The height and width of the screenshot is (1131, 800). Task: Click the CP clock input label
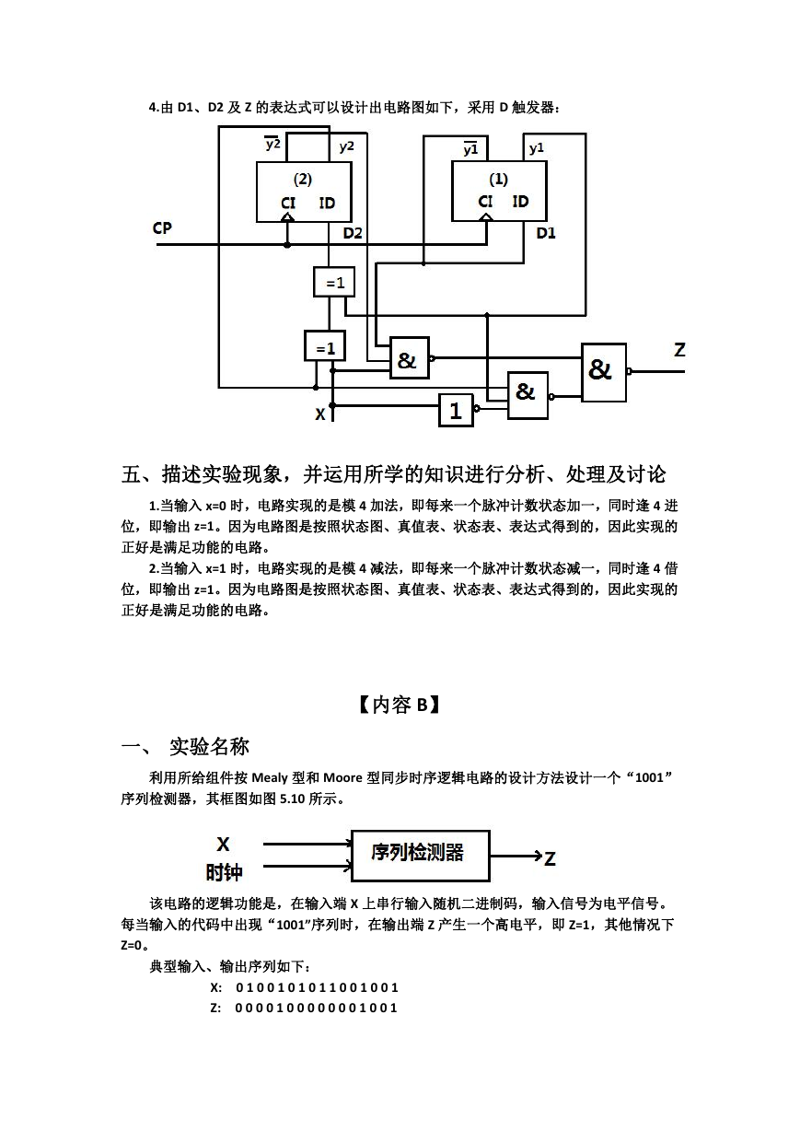[x=162, y=228]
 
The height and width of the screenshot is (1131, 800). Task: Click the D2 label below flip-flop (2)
[x=353, y=233]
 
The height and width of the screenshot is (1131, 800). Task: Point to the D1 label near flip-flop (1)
[x=546, y=233]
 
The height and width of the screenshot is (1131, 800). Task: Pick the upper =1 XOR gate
[x=333, y=282]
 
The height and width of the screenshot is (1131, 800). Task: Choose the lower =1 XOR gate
[x=325, y=346]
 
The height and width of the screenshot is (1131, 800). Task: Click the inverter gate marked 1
[x=456, y=411]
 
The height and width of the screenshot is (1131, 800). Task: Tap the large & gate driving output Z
[x=604, y=373]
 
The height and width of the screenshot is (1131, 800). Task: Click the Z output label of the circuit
[x=679, y=350]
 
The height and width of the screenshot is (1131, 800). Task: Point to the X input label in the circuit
[x=320, y=414]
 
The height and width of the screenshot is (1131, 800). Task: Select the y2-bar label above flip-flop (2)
[x=272, y=144]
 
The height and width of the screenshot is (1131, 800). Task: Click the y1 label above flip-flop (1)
[x=537, y=148]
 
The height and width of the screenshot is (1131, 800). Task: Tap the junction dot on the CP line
[x=286, y=245]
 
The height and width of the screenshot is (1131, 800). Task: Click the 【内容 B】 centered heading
[x=400, y=705]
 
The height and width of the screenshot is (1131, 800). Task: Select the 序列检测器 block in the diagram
[x=421, y=856]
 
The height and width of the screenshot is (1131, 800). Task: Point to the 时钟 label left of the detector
[x=224, y=872]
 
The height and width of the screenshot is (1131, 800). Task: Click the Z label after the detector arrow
[x=551, y=858]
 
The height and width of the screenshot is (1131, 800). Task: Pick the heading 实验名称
[x=209, y=747]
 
